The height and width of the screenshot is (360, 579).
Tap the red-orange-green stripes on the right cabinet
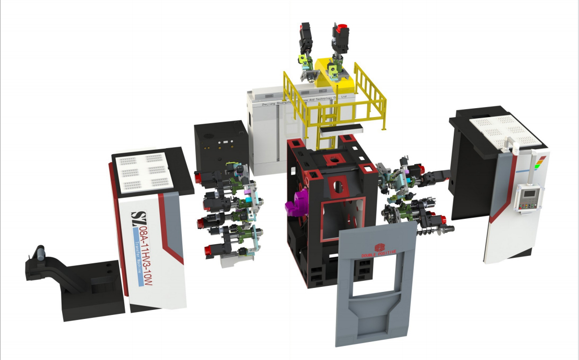point(540,163)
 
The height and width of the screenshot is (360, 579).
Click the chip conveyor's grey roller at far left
point(40,252)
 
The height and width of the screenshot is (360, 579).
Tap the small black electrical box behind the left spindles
point(220,143)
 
